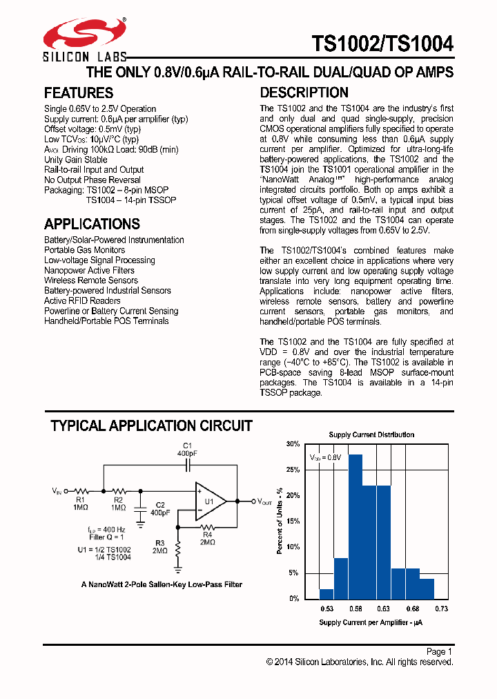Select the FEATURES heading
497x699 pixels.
click(x=79, y=93)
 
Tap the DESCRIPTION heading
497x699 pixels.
click(x=304, y=93)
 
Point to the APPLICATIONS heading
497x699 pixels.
click(x=92, y=224)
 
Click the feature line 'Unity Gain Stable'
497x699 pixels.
click(x=76, y=160)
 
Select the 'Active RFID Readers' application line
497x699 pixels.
click(x=82, y=300)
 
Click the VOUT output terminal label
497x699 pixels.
click(x=266, y=502)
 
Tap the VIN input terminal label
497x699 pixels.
click(x=56, y=490)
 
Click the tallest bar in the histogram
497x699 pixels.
click(x=355, y=526)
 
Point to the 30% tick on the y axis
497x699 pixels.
click(x=293, y=444)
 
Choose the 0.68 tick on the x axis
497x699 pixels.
click(x=412, y=609)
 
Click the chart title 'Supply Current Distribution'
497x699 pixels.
click(x=371, y=434)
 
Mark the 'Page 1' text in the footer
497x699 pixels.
click(x=439, y=651)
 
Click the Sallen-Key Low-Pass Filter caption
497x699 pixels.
click(x=162, y=584)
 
